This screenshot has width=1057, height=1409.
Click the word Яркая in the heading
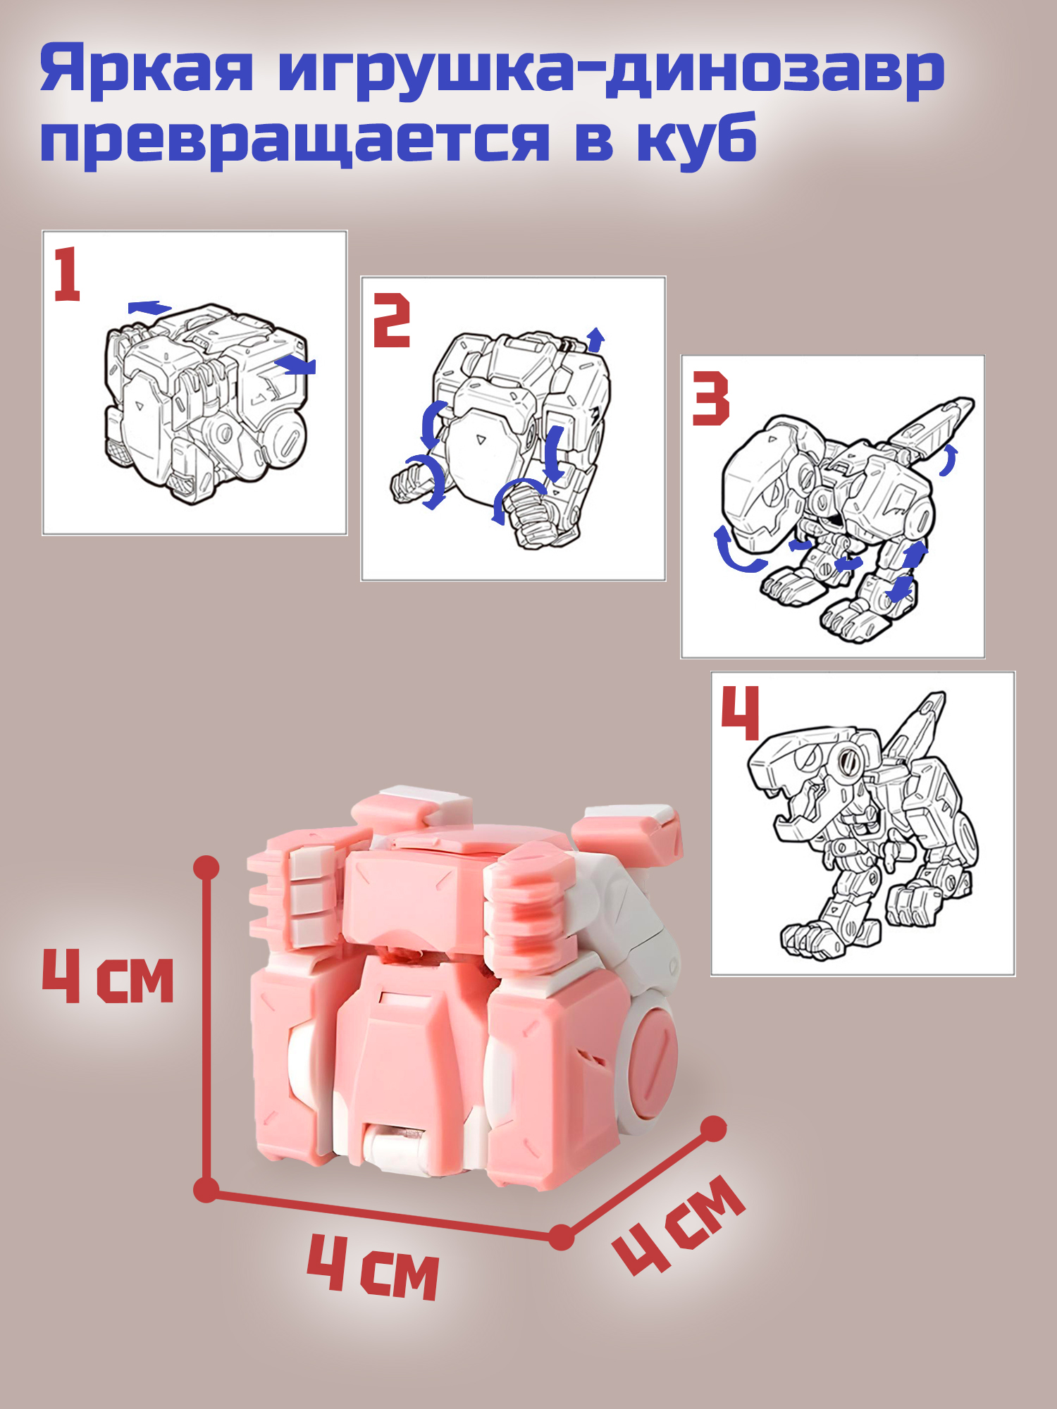pos(147,70)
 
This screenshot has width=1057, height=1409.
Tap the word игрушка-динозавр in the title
pos(611,70)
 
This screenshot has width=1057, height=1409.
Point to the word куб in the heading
pos(697,137)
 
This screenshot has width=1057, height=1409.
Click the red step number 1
pos(68,274)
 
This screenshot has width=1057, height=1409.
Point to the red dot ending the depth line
pos(714,1129)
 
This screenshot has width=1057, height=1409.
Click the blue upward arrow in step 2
pos(596,339)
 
